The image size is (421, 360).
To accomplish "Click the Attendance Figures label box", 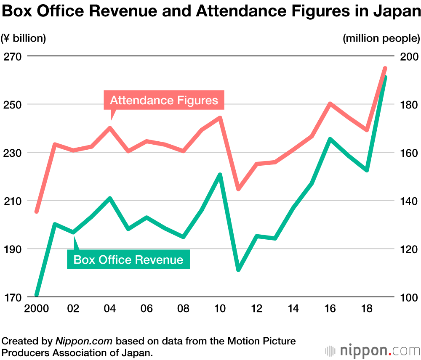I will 164,100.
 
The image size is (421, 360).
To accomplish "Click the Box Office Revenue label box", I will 128,259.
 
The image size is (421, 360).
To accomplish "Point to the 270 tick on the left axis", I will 12,56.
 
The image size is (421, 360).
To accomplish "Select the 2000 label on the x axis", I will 36,309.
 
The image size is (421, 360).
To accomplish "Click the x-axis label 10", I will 220,309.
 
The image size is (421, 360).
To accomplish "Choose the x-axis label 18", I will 367,309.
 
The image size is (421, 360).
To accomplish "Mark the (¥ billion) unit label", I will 24,38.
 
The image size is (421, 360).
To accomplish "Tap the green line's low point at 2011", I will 238,269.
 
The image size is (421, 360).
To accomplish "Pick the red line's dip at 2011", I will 238,189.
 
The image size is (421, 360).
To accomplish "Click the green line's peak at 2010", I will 220,174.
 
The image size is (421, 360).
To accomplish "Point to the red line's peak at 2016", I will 330,103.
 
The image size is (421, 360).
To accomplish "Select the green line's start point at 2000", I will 37,294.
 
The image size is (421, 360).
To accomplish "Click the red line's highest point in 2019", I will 385,68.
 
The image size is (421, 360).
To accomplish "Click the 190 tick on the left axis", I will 12,249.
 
